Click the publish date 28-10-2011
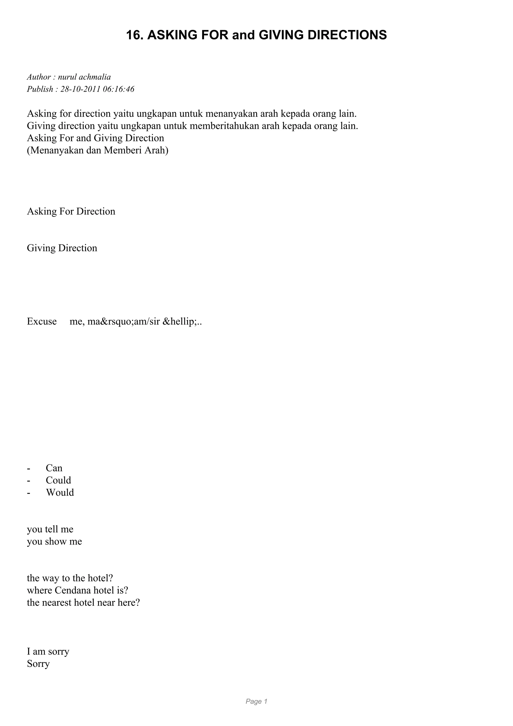coord(80,89)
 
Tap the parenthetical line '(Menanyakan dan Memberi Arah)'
coord(98,150)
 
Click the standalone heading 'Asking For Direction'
coord(71,211)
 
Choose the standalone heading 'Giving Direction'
coord(62,248)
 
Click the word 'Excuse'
coord(42,321)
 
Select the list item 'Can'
coord(54,468)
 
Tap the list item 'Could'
coord(58,480)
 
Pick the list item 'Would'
coord(60,492)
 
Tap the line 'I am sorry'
coord(48,651)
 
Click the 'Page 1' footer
coord(256,701)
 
